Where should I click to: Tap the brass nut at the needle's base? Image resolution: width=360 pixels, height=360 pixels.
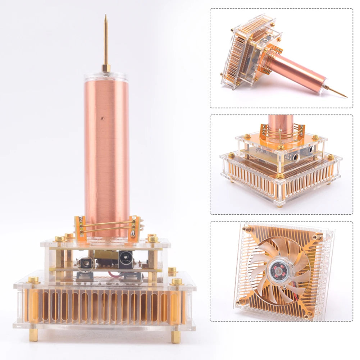pos(106,68)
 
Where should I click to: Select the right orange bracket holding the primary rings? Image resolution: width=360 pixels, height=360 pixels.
pos(135,227)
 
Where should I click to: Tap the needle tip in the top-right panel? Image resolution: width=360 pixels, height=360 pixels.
pos(346,96)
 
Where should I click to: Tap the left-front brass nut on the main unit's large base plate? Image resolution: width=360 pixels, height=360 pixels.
pos(33,280)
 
